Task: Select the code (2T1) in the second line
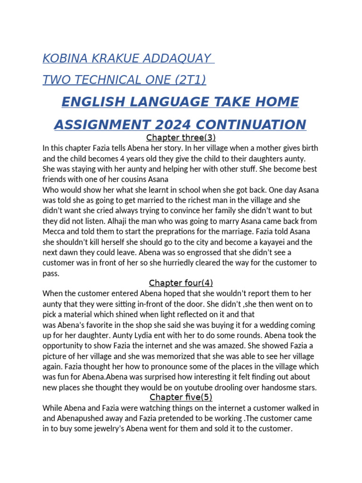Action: pos(187,80)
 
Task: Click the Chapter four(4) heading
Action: pos(181,283)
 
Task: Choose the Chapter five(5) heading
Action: pos(181,397)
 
